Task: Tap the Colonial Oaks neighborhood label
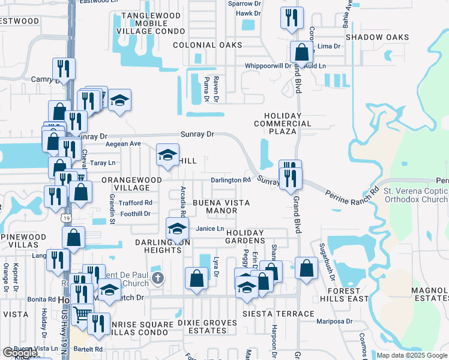click(x=206, y=45)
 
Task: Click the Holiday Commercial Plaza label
click(x=291, y=124)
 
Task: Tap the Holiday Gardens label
click(x=245, y=236)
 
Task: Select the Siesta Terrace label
click(x=279, y=314)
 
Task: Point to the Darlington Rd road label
click(x=230, y=180)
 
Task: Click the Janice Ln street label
click(x=210, y=229)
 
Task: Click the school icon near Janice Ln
click(x=176, y=229)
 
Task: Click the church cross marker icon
click(x=158, y=278)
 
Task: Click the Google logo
click(x=20, y=353)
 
